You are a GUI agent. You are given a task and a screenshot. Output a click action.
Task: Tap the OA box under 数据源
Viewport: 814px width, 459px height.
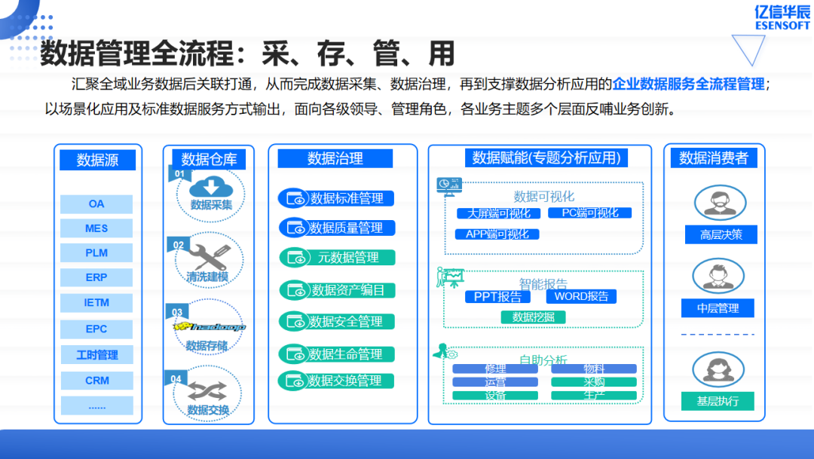coord(96,204)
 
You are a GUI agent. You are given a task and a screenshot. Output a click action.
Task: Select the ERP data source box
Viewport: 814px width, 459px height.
coord(96,277)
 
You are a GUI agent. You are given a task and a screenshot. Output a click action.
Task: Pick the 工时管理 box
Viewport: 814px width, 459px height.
coord(96,354)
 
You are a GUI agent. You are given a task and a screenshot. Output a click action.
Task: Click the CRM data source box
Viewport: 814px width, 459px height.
coord(96,381)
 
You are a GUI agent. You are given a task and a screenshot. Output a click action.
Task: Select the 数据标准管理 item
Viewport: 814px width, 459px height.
coord(337,198)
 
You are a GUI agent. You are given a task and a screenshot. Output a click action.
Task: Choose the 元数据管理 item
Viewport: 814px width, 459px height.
coord(337,257)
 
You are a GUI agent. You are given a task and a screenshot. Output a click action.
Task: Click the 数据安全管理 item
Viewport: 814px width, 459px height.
coord(337,321)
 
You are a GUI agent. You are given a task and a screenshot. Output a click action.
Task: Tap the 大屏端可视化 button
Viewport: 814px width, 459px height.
coord(498,213)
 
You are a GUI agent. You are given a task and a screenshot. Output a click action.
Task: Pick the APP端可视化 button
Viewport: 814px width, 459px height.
coord(497,234)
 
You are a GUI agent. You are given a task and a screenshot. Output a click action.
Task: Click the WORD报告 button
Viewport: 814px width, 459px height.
coord(581,296)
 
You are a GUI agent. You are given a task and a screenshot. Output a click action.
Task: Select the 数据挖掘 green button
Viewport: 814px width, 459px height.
coord(533,317)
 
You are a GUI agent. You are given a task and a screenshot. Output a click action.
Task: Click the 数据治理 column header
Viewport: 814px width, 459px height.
coord(335,158)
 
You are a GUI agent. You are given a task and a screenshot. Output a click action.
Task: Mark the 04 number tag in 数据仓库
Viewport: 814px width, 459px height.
coord(177,378)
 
